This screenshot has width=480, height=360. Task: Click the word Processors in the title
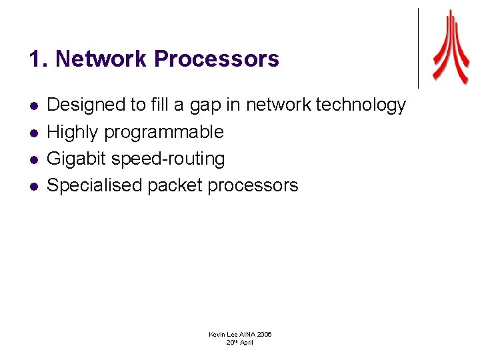217,59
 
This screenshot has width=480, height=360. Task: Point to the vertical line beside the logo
418,48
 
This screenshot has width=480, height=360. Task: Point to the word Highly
73,132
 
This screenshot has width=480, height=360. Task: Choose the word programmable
163,132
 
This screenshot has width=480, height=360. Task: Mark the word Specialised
94,185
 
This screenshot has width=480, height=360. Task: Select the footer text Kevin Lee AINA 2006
240,334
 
